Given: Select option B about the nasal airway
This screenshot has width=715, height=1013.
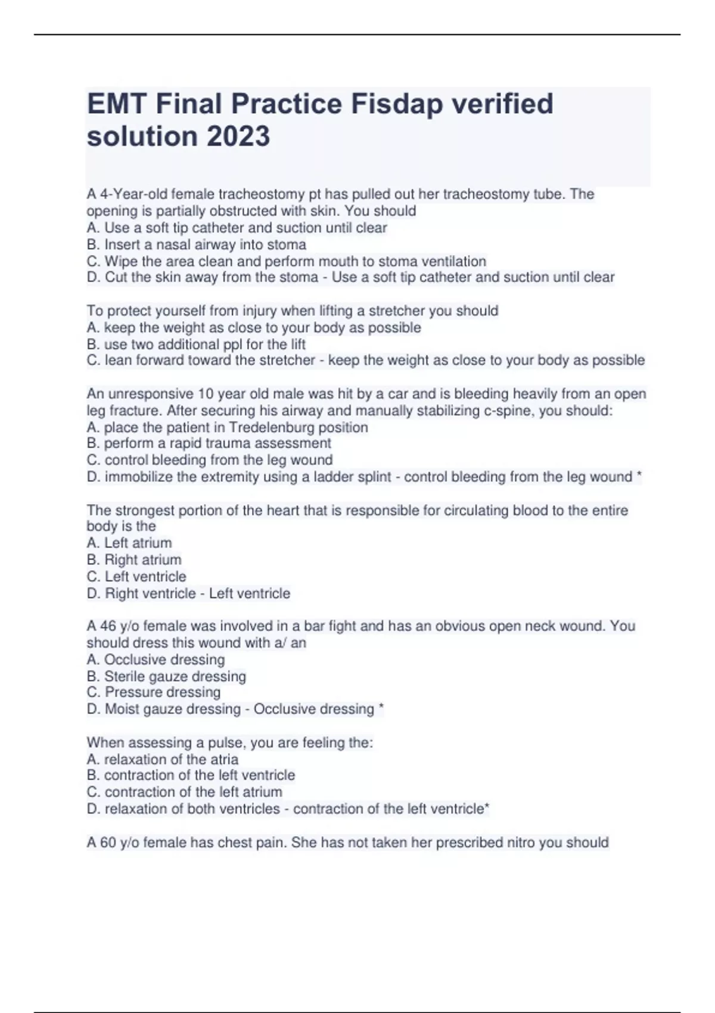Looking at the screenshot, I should point(197,244).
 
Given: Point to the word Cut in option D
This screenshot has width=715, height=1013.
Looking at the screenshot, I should point(117,277).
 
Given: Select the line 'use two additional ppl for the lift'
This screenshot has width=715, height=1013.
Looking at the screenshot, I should point(196,344).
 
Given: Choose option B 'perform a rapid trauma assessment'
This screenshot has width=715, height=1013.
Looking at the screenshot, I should point(209,443).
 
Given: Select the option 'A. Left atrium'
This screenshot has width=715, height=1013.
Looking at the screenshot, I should point(129,543).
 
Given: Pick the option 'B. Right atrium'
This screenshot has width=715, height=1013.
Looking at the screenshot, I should point(134,560).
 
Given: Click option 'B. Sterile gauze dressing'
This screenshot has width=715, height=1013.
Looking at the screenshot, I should point(166,676).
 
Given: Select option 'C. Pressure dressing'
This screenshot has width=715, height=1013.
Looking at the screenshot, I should point(154,692).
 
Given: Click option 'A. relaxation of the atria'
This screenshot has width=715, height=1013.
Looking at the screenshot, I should point(163,759).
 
